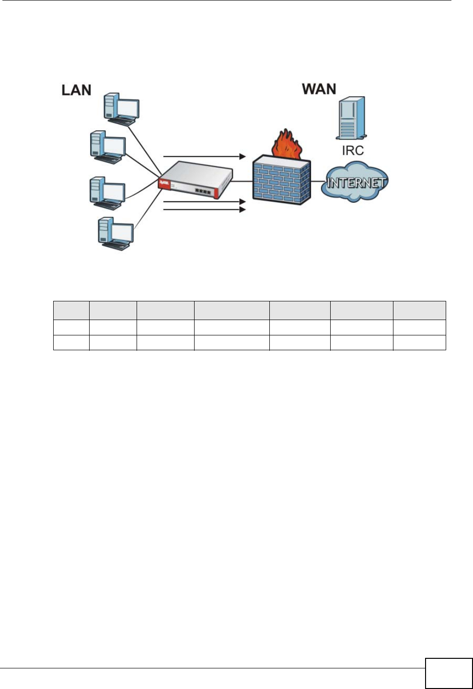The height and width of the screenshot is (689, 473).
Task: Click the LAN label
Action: pyautogui.click(x=76, y=90)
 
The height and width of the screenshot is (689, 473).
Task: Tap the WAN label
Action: pyautogui.click(x=319, y=89)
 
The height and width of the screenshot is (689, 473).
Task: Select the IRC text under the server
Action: pyautogui.click(x=352, y=150)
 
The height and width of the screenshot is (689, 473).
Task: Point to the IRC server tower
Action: pyautogui.click(x=352, y=118)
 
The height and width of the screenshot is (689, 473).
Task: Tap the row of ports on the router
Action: pyautogui.click(x=204, y=191)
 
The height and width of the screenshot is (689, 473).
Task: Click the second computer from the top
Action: pyautogui.click(x=108, y=147)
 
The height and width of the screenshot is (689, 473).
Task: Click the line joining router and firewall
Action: pyautogui.click(x=242, y=181)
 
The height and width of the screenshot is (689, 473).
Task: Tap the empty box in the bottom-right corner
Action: pyautogui.click(x=448, y=673)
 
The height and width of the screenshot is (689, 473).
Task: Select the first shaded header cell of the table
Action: pyautogui.click(x=71, y=310)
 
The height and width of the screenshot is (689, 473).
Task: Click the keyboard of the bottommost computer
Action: pyautogui.click(x=115, y=246)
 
